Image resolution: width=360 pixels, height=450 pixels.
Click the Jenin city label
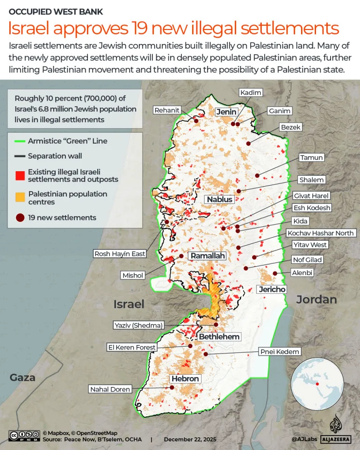click(x=226, y=112)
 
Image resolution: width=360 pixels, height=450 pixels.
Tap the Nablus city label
click(x=220, y=199)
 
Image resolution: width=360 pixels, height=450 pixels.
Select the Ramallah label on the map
click(x=207, y=256)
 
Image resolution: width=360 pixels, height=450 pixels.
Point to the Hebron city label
click(x=185, y=378)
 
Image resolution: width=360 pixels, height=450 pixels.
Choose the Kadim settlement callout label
click(x=251, y=93)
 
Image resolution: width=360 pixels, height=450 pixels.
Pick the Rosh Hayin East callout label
click(x=120, y=254)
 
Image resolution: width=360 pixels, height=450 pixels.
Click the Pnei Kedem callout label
click(x=279, y=351)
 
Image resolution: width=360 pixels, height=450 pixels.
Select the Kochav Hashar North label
click(x=321, y=233)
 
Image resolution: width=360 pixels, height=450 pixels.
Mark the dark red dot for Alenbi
click(x=275, y=273)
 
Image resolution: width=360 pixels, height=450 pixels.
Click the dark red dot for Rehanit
click(x=196, y=121)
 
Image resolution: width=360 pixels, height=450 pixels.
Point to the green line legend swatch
click(x=20, y=141)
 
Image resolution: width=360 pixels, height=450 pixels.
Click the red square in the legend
click(x=20, y=175)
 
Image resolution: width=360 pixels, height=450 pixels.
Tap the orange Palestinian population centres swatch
click(x=20, y=197)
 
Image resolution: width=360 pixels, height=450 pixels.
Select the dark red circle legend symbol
click(x=20, y=218)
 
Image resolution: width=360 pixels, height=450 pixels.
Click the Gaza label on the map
click(x=23, y=377)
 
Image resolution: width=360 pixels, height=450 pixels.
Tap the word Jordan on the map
click(x=317, y=299)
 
